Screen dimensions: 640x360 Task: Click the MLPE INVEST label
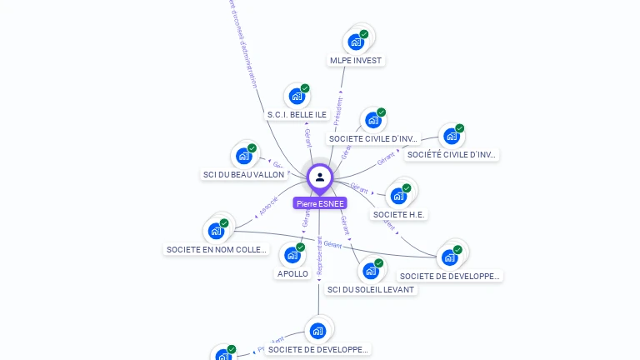coord(356,60)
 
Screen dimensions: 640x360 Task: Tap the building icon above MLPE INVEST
coord(356,41)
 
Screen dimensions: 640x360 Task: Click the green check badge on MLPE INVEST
coord(364,34)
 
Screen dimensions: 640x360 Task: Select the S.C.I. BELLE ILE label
coord(297,114)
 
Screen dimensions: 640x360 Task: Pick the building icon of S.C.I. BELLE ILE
coord(297,96)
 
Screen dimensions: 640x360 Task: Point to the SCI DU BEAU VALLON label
coord(243,174)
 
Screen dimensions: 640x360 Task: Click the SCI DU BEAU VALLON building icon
coord(243,155)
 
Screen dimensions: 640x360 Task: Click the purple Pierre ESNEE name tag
coord(320,202)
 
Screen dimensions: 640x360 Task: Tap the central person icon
coord(320,177)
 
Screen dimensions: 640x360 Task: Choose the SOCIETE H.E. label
coord(399,214)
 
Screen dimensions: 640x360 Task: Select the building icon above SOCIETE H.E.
coord(398,196)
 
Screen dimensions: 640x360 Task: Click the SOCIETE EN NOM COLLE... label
coord(217,249)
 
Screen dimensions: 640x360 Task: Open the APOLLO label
coord(292,273)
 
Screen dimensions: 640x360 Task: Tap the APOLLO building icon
coord(292,254)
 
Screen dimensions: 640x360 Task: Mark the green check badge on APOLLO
coord(301,247)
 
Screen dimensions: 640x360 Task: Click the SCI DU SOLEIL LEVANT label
coord(371,289)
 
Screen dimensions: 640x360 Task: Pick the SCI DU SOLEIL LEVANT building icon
coord(371,271)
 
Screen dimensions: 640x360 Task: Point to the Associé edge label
coord(268,206)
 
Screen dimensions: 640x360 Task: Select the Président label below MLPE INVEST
coord(338,110)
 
